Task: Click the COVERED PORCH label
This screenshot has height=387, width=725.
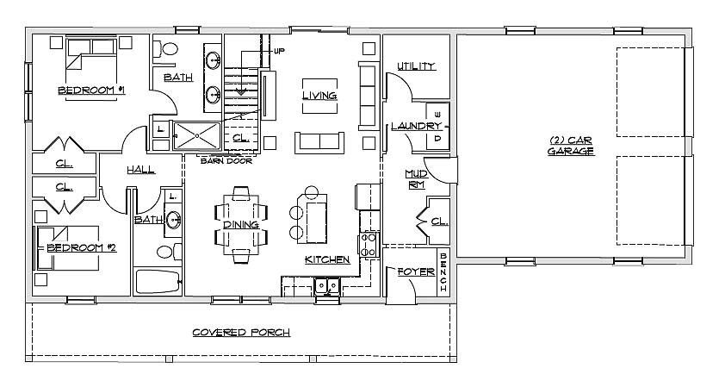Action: click(241, 333)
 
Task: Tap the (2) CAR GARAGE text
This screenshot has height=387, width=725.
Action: click(571, 146)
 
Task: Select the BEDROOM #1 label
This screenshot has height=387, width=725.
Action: click(91, 90)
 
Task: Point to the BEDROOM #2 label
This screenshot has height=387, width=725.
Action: click(82, 248)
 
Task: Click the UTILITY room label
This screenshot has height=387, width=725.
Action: click(416, 66)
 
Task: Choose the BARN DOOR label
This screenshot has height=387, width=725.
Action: click(226, 161)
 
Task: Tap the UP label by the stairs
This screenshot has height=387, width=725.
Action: click(279, 51)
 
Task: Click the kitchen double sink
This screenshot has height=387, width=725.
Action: click(327, 286)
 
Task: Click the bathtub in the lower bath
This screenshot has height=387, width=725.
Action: click(158, 282)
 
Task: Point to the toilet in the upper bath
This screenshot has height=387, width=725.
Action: click(166, 49)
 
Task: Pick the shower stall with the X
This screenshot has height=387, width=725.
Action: click(197, 135)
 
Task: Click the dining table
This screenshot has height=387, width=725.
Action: click(241, 224)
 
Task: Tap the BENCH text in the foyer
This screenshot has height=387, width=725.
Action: click(443, 272)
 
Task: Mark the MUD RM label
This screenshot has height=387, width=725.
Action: click(416, 179)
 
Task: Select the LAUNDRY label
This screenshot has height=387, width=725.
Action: click(416, 126)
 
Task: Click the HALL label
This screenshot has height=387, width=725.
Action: click(141, 170)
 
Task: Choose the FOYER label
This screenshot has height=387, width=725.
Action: click(416, 272)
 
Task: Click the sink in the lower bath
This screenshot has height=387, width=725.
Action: click(173, 220)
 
